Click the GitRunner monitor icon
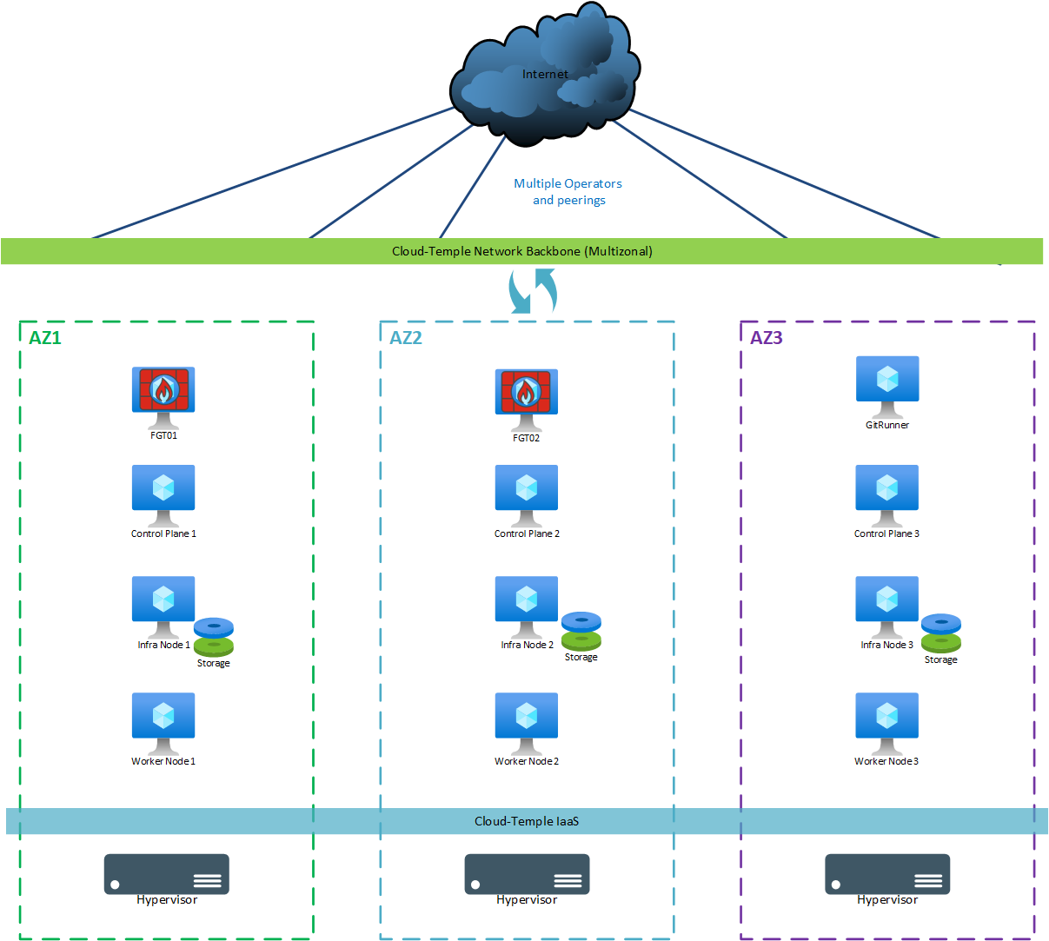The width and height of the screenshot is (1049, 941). point(887,382)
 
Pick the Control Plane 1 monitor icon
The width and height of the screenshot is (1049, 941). point(163,491)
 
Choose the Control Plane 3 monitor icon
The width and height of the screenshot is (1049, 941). point(887,491)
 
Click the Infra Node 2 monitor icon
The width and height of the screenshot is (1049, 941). point(527,602)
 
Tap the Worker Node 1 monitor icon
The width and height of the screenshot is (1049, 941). point(163,719)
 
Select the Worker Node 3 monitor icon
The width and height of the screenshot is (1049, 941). point(887,719)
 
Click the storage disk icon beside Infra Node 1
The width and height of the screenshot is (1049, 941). point(214,637)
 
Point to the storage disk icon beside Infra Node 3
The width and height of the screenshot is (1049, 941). point(941,633)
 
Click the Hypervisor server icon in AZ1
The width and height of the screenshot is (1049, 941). point(167,874)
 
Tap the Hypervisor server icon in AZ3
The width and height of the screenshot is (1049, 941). point(887,874)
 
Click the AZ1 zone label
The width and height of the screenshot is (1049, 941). point(45,338)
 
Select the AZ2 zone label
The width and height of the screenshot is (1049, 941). point(406,338)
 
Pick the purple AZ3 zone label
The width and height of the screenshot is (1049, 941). point(767,338)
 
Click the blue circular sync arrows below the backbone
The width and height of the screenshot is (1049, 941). point(532,291)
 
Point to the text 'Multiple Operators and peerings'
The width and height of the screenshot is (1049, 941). point(568,192)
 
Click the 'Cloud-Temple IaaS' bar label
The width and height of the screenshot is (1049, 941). point(527,821)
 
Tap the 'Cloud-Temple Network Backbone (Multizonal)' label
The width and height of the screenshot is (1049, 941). point(521,251)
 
